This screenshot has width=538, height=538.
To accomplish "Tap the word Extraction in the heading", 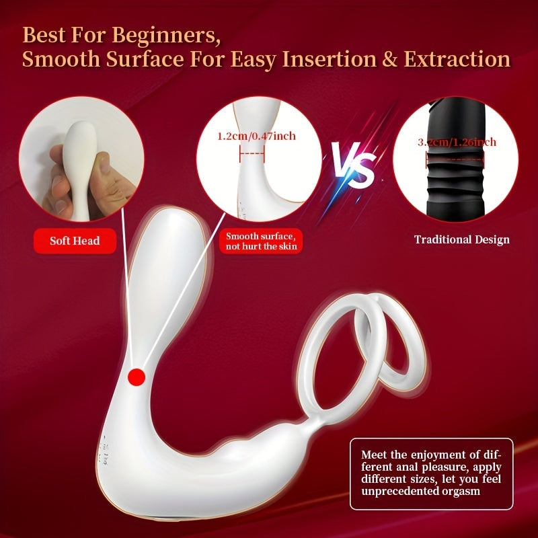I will [457, 59].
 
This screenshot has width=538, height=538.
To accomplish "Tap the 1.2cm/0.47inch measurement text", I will [256, 136].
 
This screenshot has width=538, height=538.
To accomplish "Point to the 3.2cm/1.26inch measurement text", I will [457, 142].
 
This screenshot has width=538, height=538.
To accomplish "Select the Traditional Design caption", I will [461, 239].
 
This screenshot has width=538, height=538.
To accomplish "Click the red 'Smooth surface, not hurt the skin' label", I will [260, 241].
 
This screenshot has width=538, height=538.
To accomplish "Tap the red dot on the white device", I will [137, 378].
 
